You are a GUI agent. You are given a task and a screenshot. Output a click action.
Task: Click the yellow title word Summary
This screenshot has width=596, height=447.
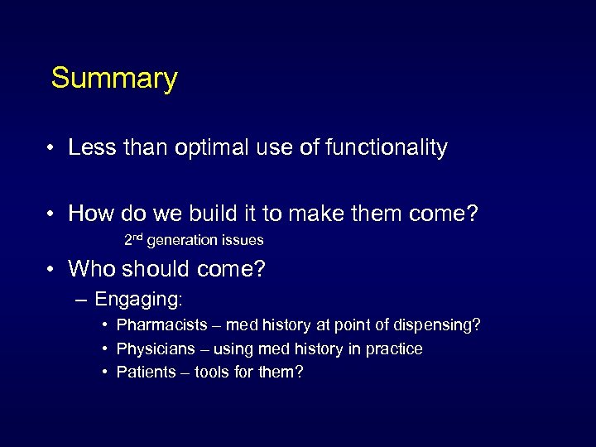pyautogui.click(x=114, y=79)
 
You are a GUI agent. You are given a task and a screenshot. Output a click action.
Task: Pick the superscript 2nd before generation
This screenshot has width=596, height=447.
pyautogui.click(x=133, y=240)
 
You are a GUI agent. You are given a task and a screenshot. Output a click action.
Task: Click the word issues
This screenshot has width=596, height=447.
pyautogui.click(x=243, y=241)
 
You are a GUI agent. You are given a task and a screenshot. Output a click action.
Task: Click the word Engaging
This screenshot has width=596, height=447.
pyautogui.click(x=137, y=299)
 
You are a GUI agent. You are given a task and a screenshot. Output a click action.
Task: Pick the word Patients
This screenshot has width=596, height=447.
pyautogui.click(x=147, y=372)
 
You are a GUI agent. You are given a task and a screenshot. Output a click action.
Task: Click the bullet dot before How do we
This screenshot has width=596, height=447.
pyautogui.click(x=50, y=214)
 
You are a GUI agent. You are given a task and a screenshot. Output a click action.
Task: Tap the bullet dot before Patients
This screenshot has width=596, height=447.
pyautogui.click(x=106, y=372)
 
